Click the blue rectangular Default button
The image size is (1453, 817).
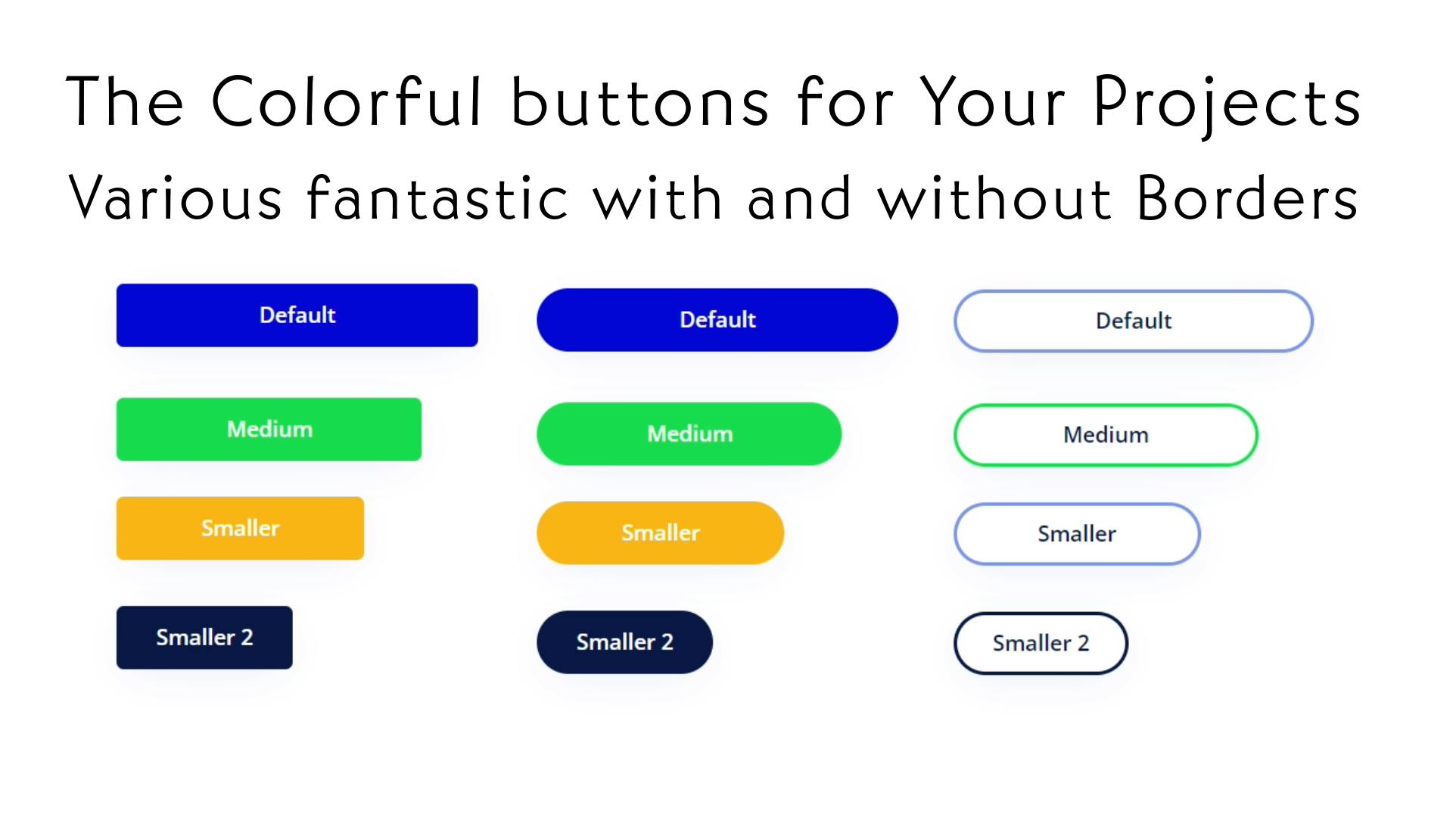[x=297, y=315]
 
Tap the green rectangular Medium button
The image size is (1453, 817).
[x=269, y=429]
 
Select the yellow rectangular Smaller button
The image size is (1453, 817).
[x=240, y=528]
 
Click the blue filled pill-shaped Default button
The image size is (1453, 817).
[x=717, y=319]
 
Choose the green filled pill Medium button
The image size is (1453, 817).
[x=689, y=433]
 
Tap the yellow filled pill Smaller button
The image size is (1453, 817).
[x=660, y=533]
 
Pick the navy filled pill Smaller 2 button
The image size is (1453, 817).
[x=624, y=642]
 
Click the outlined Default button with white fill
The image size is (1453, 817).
[x=1133, y=321]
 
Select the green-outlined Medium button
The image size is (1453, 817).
[x=1106, y=435]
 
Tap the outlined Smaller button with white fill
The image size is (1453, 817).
[x=1076, y=534]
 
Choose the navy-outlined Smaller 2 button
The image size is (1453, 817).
[x=1041, y=643]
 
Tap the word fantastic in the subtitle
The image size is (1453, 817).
[x=437, y=198]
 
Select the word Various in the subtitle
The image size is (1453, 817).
[x=176, y=198]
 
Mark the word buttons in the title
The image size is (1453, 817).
[x=640, y=102]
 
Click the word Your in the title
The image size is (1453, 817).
[x=993, y=102]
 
